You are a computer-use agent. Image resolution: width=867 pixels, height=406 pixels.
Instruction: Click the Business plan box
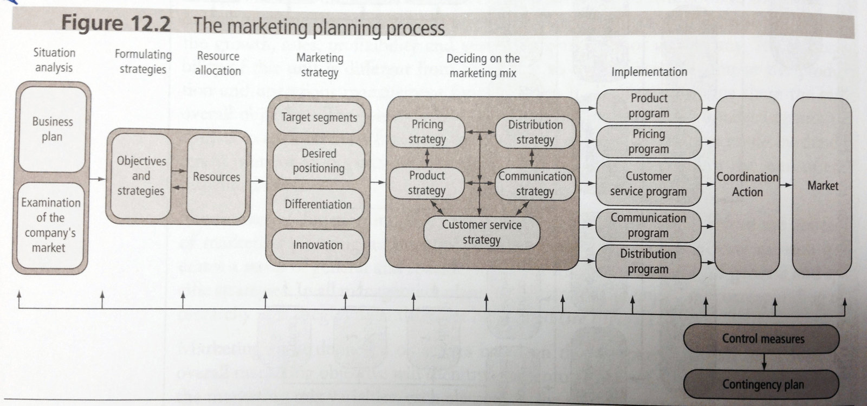pyautogui.click(x=52, y=129)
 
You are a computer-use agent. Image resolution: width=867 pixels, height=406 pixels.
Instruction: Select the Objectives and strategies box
pyautogui.click(x=140, y=176)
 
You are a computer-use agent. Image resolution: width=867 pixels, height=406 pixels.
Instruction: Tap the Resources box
pyautogui.click(x=216, y=177)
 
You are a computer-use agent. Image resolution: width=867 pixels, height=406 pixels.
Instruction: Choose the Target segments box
pyautogui.click(x=319, y=118)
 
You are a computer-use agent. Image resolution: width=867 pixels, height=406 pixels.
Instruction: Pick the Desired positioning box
pyautogui.click(x=319, y=161)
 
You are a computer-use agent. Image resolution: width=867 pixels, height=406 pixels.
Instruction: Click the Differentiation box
pyautogui.click(x=318, y=204)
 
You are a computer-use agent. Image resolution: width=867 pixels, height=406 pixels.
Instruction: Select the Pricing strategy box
pyautogui.click(x=427, y=132)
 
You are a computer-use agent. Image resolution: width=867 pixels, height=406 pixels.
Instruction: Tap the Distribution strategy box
pyautogui.click(x=535, y=132)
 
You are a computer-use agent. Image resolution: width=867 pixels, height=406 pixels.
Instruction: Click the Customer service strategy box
pyautogui.click(x=481, y=232)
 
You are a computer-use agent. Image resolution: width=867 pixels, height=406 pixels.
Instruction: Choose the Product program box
pyautogui.click(x=649, y=106)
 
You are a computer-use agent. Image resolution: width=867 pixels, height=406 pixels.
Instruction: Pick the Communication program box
pyautogui.click(x=648, y=225)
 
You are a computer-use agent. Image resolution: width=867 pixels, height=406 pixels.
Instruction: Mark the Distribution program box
pyautogui.click(x=648, y=261)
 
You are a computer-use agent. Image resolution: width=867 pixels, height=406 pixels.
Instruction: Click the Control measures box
pyautogui.click(x=762, y=339)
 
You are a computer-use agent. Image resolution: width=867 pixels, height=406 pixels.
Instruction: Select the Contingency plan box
pyautogui.click(x=762, y=384)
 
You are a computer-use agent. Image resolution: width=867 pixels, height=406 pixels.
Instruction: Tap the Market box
pyautogui.click(x=822, y=186)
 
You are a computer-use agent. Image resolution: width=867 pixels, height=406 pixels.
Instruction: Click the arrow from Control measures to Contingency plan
pyautogui.click(x=763, y=361)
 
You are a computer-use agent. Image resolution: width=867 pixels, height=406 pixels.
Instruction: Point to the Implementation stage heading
pyautogui.click(x=649, y=72)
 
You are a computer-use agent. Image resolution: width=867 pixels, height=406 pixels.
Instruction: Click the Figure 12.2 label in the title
pyautogui.click(x=115, y=24)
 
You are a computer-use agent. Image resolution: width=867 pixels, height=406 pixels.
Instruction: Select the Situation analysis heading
pyautogui.click(x=54, y=60)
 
